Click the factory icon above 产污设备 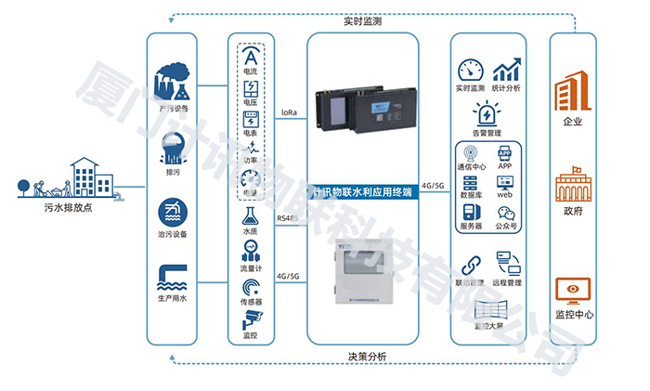coord(174,83)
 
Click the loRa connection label coord(289,112)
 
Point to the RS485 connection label coord(288,217)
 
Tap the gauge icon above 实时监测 coord(471,71)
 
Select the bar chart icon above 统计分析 coord(506,71)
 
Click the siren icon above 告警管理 coord(486,114)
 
